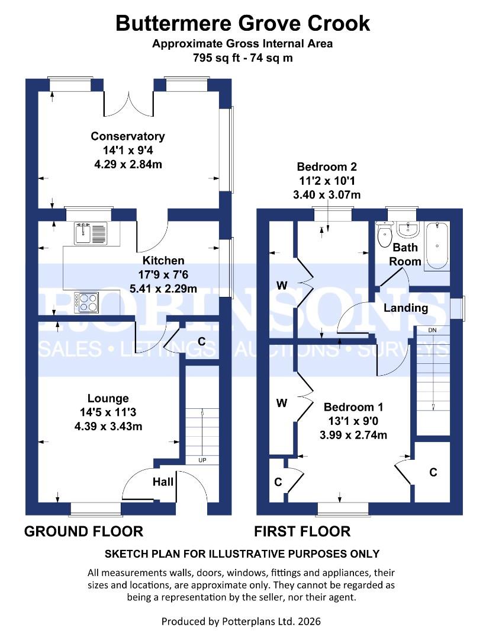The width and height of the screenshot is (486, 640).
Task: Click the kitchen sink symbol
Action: pyautogui.click(x=90, y=233)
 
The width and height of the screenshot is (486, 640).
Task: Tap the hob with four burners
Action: pyautogui.click(x=86, y=302)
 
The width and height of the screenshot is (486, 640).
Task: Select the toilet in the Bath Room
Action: pyautogui.click(x=385, y=233)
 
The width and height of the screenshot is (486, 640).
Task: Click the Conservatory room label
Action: pyautogui.click(x=127, y=136)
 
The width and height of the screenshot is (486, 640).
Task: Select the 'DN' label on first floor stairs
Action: pyautogui.click(x=433, y=330)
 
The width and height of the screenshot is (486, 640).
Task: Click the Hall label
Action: pyautogui.click(x=163, y=482)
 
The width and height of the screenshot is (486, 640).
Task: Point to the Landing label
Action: pyautogui.click(x=405, y=308)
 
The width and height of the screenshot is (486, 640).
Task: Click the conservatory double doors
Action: pyautogui.click(x=128, y=101)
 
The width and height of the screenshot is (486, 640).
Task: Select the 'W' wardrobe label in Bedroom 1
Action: pyautogui.click(x=282, y=403)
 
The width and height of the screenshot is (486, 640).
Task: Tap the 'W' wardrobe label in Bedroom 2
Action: pyautogui.click(x=282, y=286)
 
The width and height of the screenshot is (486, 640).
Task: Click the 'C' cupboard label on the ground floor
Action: pyautogui.click(x=201, y=341)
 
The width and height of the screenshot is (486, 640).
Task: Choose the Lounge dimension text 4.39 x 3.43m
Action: pyautogui.click(x=108, y=426)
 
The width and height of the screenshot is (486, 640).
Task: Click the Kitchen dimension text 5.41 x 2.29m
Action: pyautogui.click(x=163, y=289)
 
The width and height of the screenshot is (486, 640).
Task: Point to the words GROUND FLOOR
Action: pyautogui.click(x=83, y=531)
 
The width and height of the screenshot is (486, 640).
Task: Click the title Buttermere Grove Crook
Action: pyautogui.click(x=243, y=23)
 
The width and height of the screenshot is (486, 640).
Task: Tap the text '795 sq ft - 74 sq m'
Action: pyautogui.click(x=243, y=57)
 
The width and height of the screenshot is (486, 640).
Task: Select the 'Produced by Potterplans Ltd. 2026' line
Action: pyautogui.click(x=243, y=621)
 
